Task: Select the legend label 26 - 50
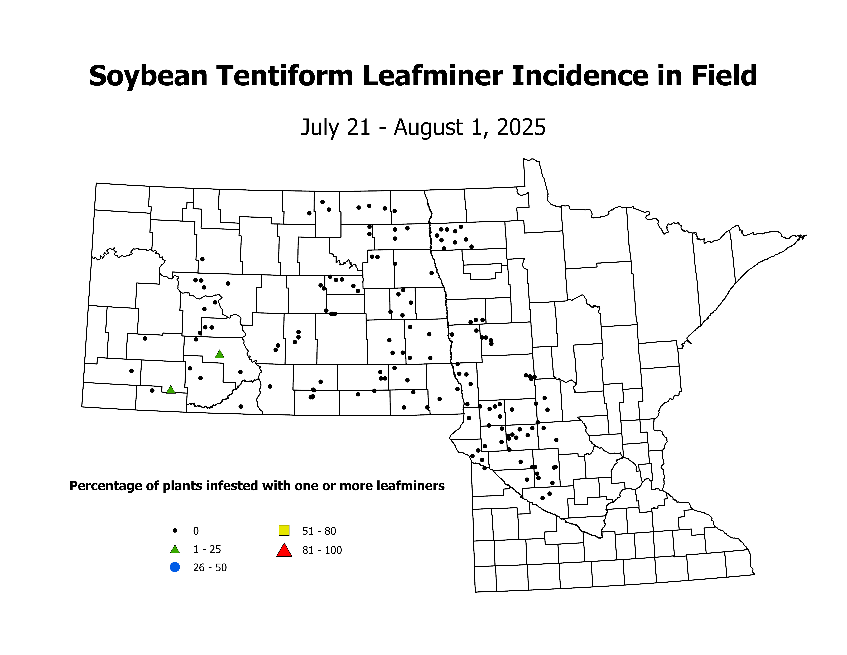(210, 568)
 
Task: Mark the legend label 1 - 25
(207, 549)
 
